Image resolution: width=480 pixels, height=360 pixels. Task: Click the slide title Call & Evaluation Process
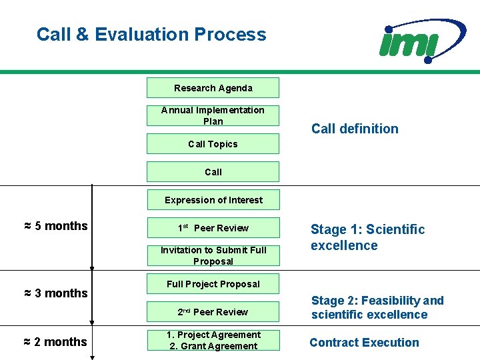(x=151, y=35)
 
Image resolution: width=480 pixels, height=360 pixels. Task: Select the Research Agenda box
(x=213, y=88)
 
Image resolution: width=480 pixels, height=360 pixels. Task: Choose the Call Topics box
(x=213, y=144)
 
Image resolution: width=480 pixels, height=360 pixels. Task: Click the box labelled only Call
(x=213, y=172)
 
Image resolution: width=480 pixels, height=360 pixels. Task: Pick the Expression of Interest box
(x=213, y=200)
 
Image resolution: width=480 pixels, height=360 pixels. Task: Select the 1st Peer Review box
(x=213, y=228)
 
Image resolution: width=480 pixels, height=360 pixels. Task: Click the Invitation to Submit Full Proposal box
(x=213, y=256)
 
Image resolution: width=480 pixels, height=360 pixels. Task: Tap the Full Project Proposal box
(x=213, y=284)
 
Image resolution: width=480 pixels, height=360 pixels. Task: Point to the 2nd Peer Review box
(x=213, y=312)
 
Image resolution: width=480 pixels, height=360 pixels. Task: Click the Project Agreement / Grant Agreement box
(x=213, y=340)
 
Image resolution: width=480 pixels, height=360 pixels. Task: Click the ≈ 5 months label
(x=55, y=226)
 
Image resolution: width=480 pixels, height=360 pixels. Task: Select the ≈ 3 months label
(x=55, y=293)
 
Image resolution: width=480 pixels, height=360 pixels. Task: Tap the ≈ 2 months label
(x=55, y=342)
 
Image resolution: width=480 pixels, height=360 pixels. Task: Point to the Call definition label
(x=355, y=129)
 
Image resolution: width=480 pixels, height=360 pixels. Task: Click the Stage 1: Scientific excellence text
(x=367, y=237)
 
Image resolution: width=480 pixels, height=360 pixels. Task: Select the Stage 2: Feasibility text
(x=377, y=307)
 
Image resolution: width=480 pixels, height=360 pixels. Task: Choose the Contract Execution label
(x=364, y=343)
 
